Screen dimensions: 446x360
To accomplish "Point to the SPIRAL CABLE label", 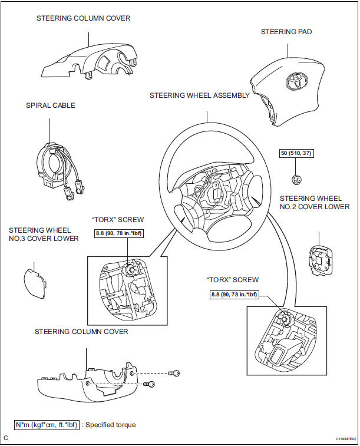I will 51,106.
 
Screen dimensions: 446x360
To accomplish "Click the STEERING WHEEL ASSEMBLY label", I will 199,95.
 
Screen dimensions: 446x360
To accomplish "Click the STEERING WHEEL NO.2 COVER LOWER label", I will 314,203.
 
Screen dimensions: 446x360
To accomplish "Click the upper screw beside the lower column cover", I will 174,374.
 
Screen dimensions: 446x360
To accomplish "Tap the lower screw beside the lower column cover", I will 150,384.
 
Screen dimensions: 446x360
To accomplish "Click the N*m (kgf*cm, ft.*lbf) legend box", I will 48,424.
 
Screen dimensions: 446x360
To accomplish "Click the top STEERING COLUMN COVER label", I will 83,18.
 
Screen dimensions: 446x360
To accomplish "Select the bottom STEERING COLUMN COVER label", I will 81,332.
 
